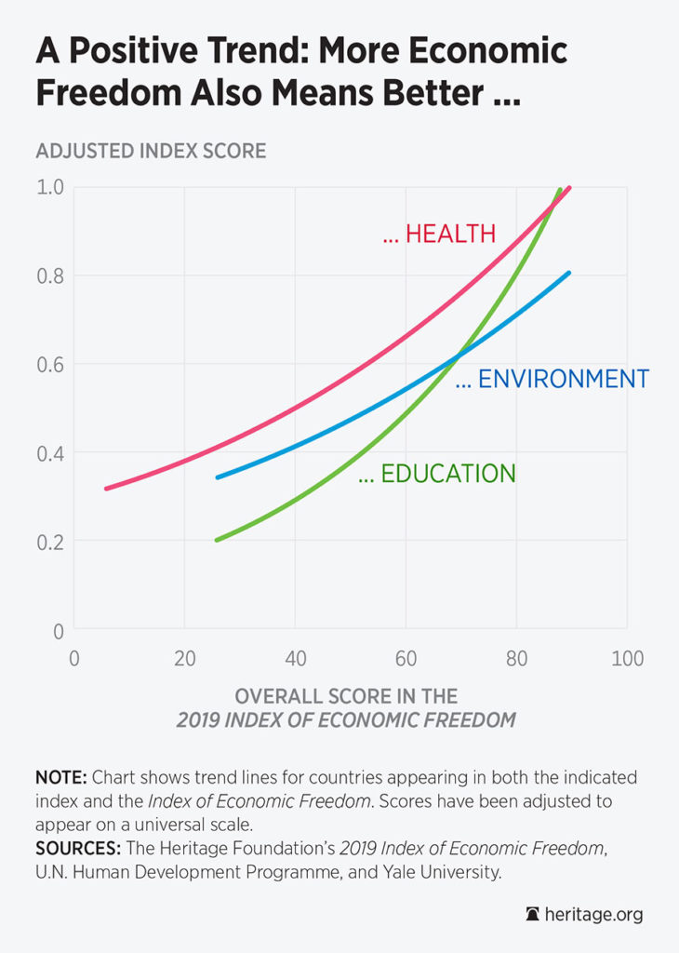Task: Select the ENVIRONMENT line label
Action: pyautogui.click(x=552, y=380)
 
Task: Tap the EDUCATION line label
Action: pyautogui.click(x=436, y=474)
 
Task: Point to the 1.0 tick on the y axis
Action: pyautogui.click(x=50, y=187)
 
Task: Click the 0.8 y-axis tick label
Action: pyautogui.click(x=50, y=275)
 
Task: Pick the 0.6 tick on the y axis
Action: pyautogui.click(x=50, y=364)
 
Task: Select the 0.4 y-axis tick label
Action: pyautogui.click(x=50, y=453)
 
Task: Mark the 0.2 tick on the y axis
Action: pyautogui.click(x=50, y=542)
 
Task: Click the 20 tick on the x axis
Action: pyautogui.click(x=184, y=659)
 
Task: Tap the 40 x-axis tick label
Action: pyautogui.click(x=295, y=659)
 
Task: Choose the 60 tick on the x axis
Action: pyautogui.click(x=406, y=659)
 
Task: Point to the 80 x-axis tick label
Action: pyautogui.click(x=516, y=659)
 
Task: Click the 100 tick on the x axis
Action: pyautogui.click(x=627, y=659)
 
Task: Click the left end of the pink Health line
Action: pyautogui.click(x=106, y=489)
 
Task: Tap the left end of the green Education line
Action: pyautogui.click(x=217, y=540)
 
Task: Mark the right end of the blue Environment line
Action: pyautogui.click(x=568, y=273)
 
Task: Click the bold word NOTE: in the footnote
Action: pyautogui.click(x=62, y=777)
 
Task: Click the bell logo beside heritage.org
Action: pyautogui.click(x=534, y=915)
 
